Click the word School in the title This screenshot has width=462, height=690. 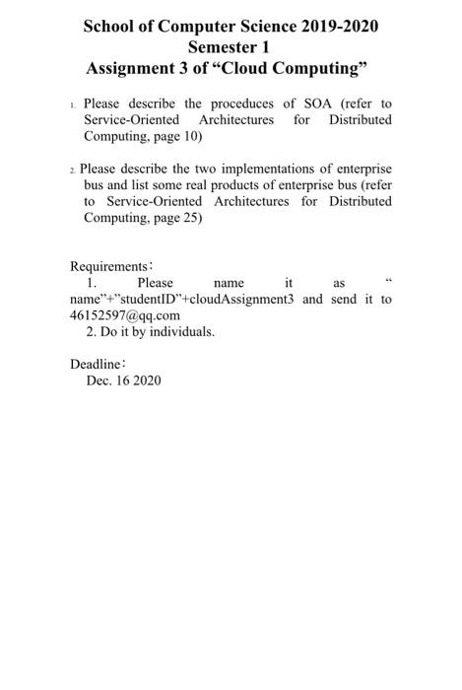pyautogui.click(x=114, y=26)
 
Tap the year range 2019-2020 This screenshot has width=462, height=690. pyautogui.click(x=331, y=26)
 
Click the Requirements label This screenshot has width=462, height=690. pyautogui.click(x=108, y=266)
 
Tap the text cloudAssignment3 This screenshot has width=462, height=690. pyautogui.click(x=238, y=299)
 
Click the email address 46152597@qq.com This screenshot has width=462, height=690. pyautogui.click(x=125, y=314)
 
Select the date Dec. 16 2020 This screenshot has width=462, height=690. pyautogui.click(x=123, y=379)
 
